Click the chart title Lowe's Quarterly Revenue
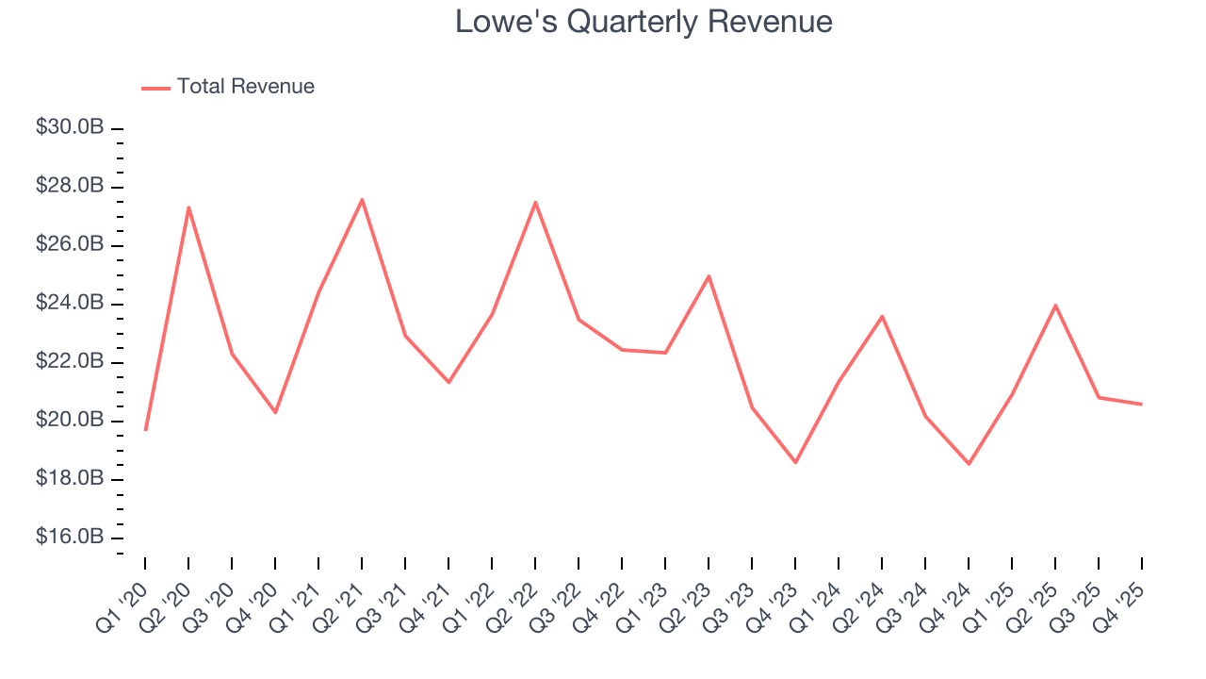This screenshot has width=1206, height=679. (x=644, y=22)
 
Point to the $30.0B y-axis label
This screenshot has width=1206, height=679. (x=70, y=127)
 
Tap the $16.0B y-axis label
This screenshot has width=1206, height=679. (x=70, y=538)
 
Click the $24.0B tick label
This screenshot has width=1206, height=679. (x=70, y=304)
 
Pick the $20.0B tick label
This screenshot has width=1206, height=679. (x=70, y=421)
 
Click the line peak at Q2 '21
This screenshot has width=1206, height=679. (x=362, y=199)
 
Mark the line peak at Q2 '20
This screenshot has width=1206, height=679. (x=188, y=207)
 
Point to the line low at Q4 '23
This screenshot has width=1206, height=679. (x=795, y=462)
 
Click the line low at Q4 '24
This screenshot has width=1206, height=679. (x=969, y=464)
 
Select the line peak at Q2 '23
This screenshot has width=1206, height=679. (x=709, y=276)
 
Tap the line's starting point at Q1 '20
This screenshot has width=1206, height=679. (x=145, y=430)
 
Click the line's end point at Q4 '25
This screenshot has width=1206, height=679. (x=1142, y=405)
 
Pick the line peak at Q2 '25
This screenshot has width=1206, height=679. (x=1055, y=306)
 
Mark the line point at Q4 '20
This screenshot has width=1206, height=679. (x=275, y=412)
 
